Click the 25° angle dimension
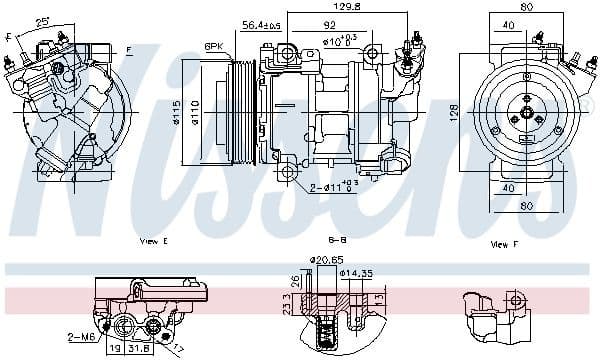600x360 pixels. coord(43,21)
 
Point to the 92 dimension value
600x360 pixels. coord(328,26)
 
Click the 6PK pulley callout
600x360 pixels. coord(213,47)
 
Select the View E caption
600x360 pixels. coord(153,243)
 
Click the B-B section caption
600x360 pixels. coord(309,242)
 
